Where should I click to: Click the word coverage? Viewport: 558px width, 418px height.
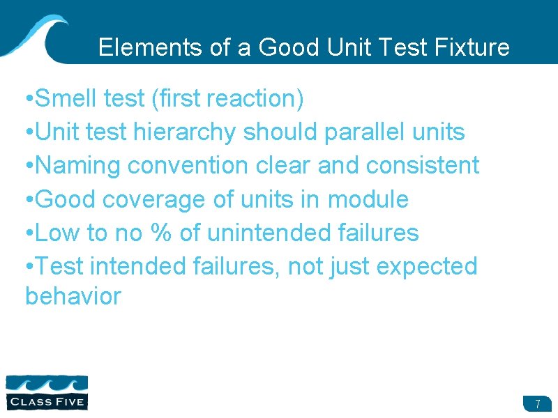155,199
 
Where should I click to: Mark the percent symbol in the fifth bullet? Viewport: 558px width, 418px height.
160,233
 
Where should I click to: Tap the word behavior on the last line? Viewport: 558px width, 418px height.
73,297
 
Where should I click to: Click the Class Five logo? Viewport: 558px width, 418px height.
47,392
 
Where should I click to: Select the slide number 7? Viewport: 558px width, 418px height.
538,404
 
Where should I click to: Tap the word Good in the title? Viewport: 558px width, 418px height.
285,47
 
